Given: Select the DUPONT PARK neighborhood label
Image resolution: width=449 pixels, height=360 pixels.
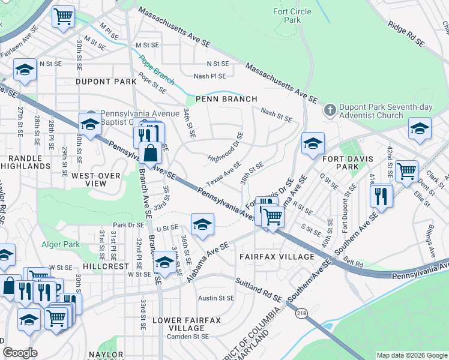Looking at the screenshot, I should tap(106, 81).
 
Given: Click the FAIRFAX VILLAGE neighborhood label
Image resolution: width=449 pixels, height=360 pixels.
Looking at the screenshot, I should tap(277, 257).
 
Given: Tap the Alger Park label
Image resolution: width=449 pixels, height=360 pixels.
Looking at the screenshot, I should tap(60, 244).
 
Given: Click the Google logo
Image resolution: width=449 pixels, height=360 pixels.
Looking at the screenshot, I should tap(20, 353).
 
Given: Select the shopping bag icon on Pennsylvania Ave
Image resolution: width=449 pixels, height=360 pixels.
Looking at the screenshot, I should tap(150, 154).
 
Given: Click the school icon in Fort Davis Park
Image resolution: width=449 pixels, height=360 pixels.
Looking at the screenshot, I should tap(313, 144).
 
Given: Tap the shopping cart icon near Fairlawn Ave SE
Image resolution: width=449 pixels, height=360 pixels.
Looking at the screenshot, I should tap(63, 17).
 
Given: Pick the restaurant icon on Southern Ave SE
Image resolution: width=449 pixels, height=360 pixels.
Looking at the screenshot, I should tap(382, 195).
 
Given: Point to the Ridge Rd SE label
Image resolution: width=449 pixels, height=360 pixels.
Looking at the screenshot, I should tap(406, 34).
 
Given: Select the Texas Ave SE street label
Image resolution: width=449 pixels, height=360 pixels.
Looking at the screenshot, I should tap(223, 173).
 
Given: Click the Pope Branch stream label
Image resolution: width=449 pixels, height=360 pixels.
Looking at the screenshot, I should tap(156, 70).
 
